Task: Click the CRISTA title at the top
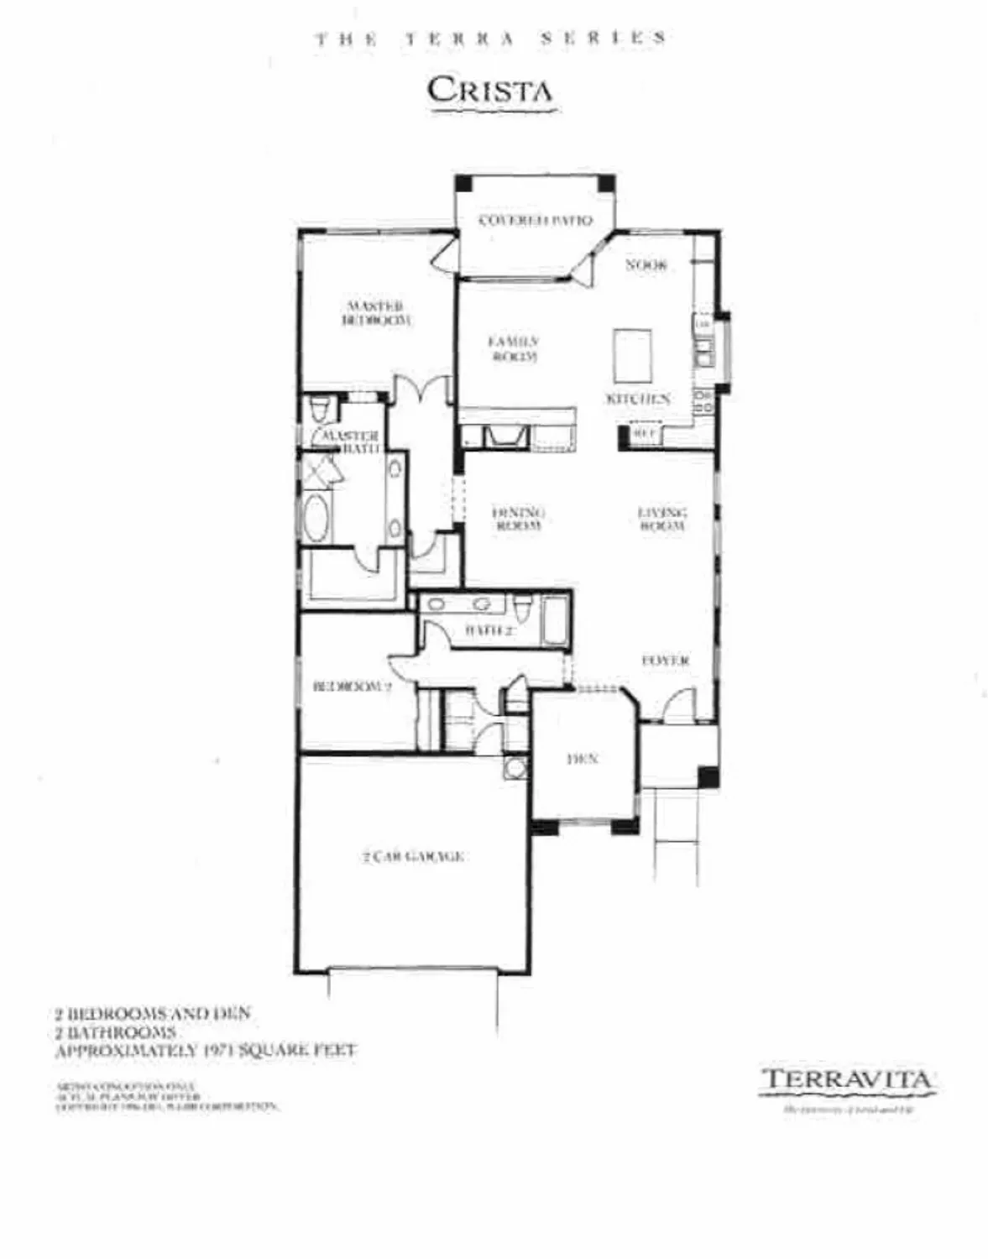[489, 90]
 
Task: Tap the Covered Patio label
[535, 221]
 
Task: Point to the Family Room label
[513, 348]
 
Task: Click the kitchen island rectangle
[633, 355]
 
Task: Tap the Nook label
[646, 265]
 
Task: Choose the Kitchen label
[638, 399]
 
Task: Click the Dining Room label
[518, 519]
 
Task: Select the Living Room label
[662, 519]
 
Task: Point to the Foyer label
[666, 661]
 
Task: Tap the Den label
[582, 759]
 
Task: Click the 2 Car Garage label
[413, 857]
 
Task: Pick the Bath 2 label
[489, 630]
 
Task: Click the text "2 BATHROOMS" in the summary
[116, 1032]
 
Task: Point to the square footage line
[206, 1050]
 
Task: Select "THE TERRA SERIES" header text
[491, 38]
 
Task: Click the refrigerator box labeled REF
[644, 434]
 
